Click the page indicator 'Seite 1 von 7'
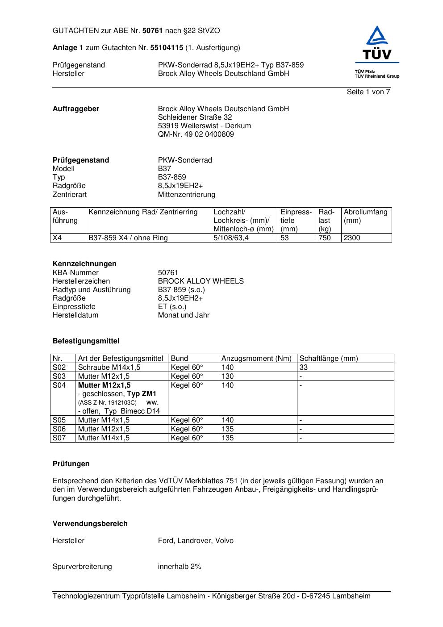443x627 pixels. click(368, 92)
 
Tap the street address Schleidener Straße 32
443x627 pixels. click(195, 117)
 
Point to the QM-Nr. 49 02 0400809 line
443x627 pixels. click(196, 134)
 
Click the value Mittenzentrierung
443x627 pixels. click(186, 195)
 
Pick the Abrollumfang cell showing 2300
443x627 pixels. click(352, 238)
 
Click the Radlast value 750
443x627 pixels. click(324, 238)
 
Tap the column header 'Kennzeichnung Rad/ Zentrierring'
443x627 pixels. click(143, 212)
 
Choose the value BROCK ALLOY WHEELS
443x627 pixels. click(201, 281)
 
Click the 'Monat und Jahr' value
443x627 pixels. click(184, 315)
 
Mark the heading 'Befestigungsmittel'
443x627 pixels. click(86, 341)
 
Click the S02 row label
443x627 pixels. click(59, 368)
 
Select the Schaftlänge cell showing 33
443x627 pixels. click(304, 368)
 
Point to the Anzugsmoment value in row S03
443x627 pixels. click(227, 376)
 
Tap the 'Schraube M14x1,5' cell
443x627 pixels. click(109, 368)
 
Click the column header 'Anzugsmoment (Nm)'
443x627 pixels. click(256, 359)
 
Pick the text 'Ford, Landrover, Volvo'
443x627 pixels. click(196, 541)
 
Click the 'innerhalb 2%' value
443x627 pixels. click(180, 567)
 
